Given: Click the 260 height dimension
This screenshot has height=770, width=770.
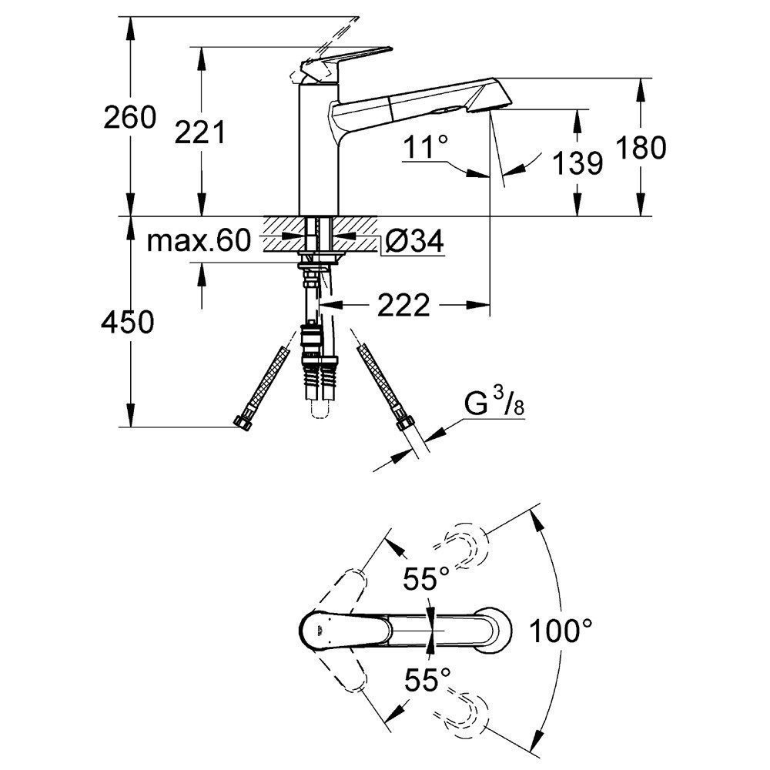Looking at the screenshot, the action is pyautogui.click(x=129, y=118).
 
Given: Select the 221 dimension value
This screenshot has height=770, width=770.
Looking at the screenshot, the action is pyautogui.click(x=200, y=132).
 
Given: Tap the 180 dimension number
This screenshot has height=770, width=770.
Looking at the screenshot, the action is pyautogui.click(x=641, y=147).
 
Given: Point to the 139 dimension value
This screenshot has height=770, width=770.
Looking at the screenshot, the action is pyautogui.click(x=577, y=163).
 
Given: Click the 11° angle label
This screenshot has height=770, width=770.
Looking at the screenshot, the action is pyautogui.click(x=426, y=146).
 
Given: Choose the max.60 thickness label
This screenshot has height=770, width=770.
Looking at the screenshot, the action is pyautogui.click(x=199, y=240).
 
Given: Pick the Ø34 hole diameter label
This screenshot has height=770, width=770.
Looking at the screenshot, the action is pyautogui.click(x=414, y=240).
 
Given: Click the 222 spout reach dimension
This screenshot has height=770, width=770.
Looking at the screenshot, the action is pyautogui.click(x=403, y=306).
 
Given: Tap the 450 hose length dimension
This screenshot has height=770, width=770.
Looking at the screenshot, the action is pyautogui.click(x=128, y=323).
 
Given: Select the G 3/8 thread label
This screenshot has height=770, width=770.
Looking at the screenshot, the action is pyautogui.click(x=494, y=403).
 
